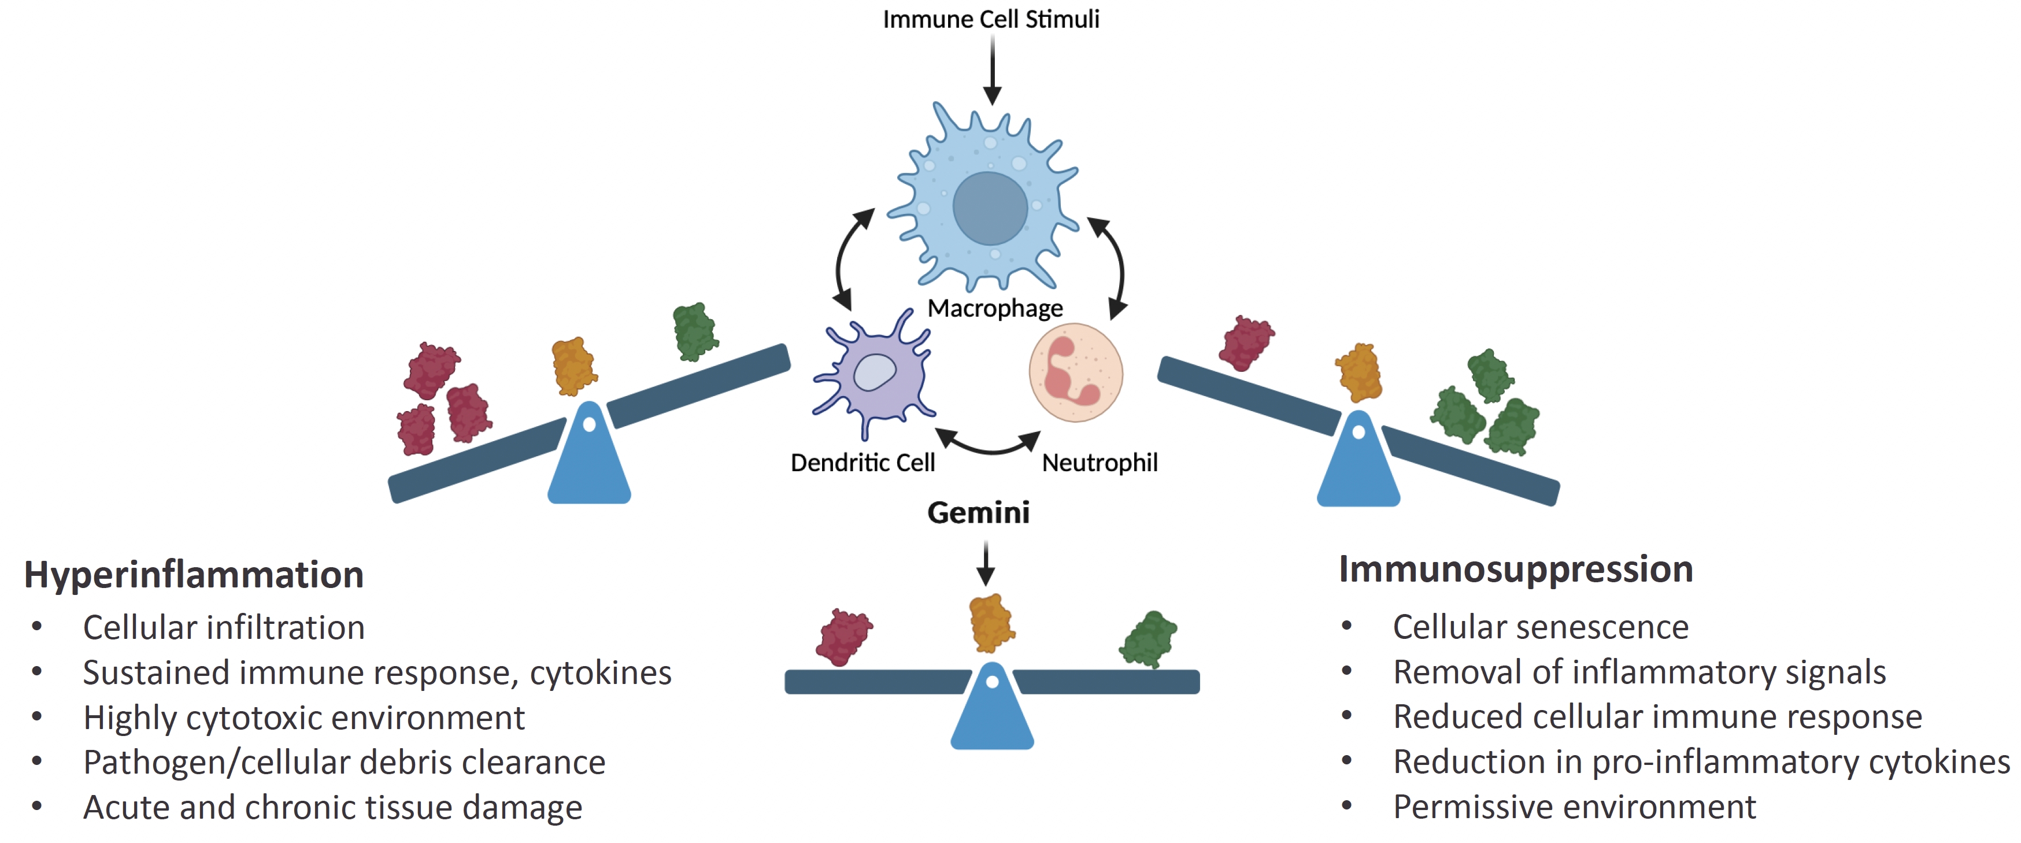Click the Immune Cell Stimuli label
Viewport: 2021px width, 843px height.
pyautogui.click(x=991, y=19)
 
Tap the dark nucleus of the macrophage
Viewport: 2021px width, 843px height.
pyautogui.click(x=990, y=208)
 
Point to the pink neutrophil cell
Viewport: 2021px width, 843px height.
pyautogui.click(x=1076, y=373)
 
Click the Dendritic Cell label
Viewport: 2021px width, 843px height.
pyautogui.click(x=863, y=463)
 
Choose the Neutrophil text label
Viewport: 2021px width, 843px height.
pyautogui.click(x=1099, y=463)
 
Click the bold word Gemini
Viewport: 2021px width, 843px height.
pyautogui.click(x=978, y=512)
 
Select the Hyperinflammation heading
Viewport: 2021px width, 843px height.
pyautogui.click(x=194, y=575)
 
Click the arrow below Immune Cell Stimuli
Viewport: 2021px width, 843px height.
pyautogui.click(x=993, y=70)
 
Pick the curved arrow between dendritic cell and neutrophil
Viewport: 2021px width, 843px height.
pyautogui.click(x=989, y=445)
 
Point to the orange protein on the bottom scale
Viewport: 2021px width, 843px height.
pyautogui.click(x=991, y=623)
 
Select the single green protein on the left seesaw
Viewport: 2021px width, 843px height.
pyautogui.click(x=694, y=332)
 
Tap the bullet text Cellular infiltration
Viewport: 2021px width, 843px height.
pyautogui.click(x=224, y=628)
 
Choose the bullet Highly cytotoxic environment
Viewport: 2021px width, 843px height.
pyautogui.click(x=303, y=718)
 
